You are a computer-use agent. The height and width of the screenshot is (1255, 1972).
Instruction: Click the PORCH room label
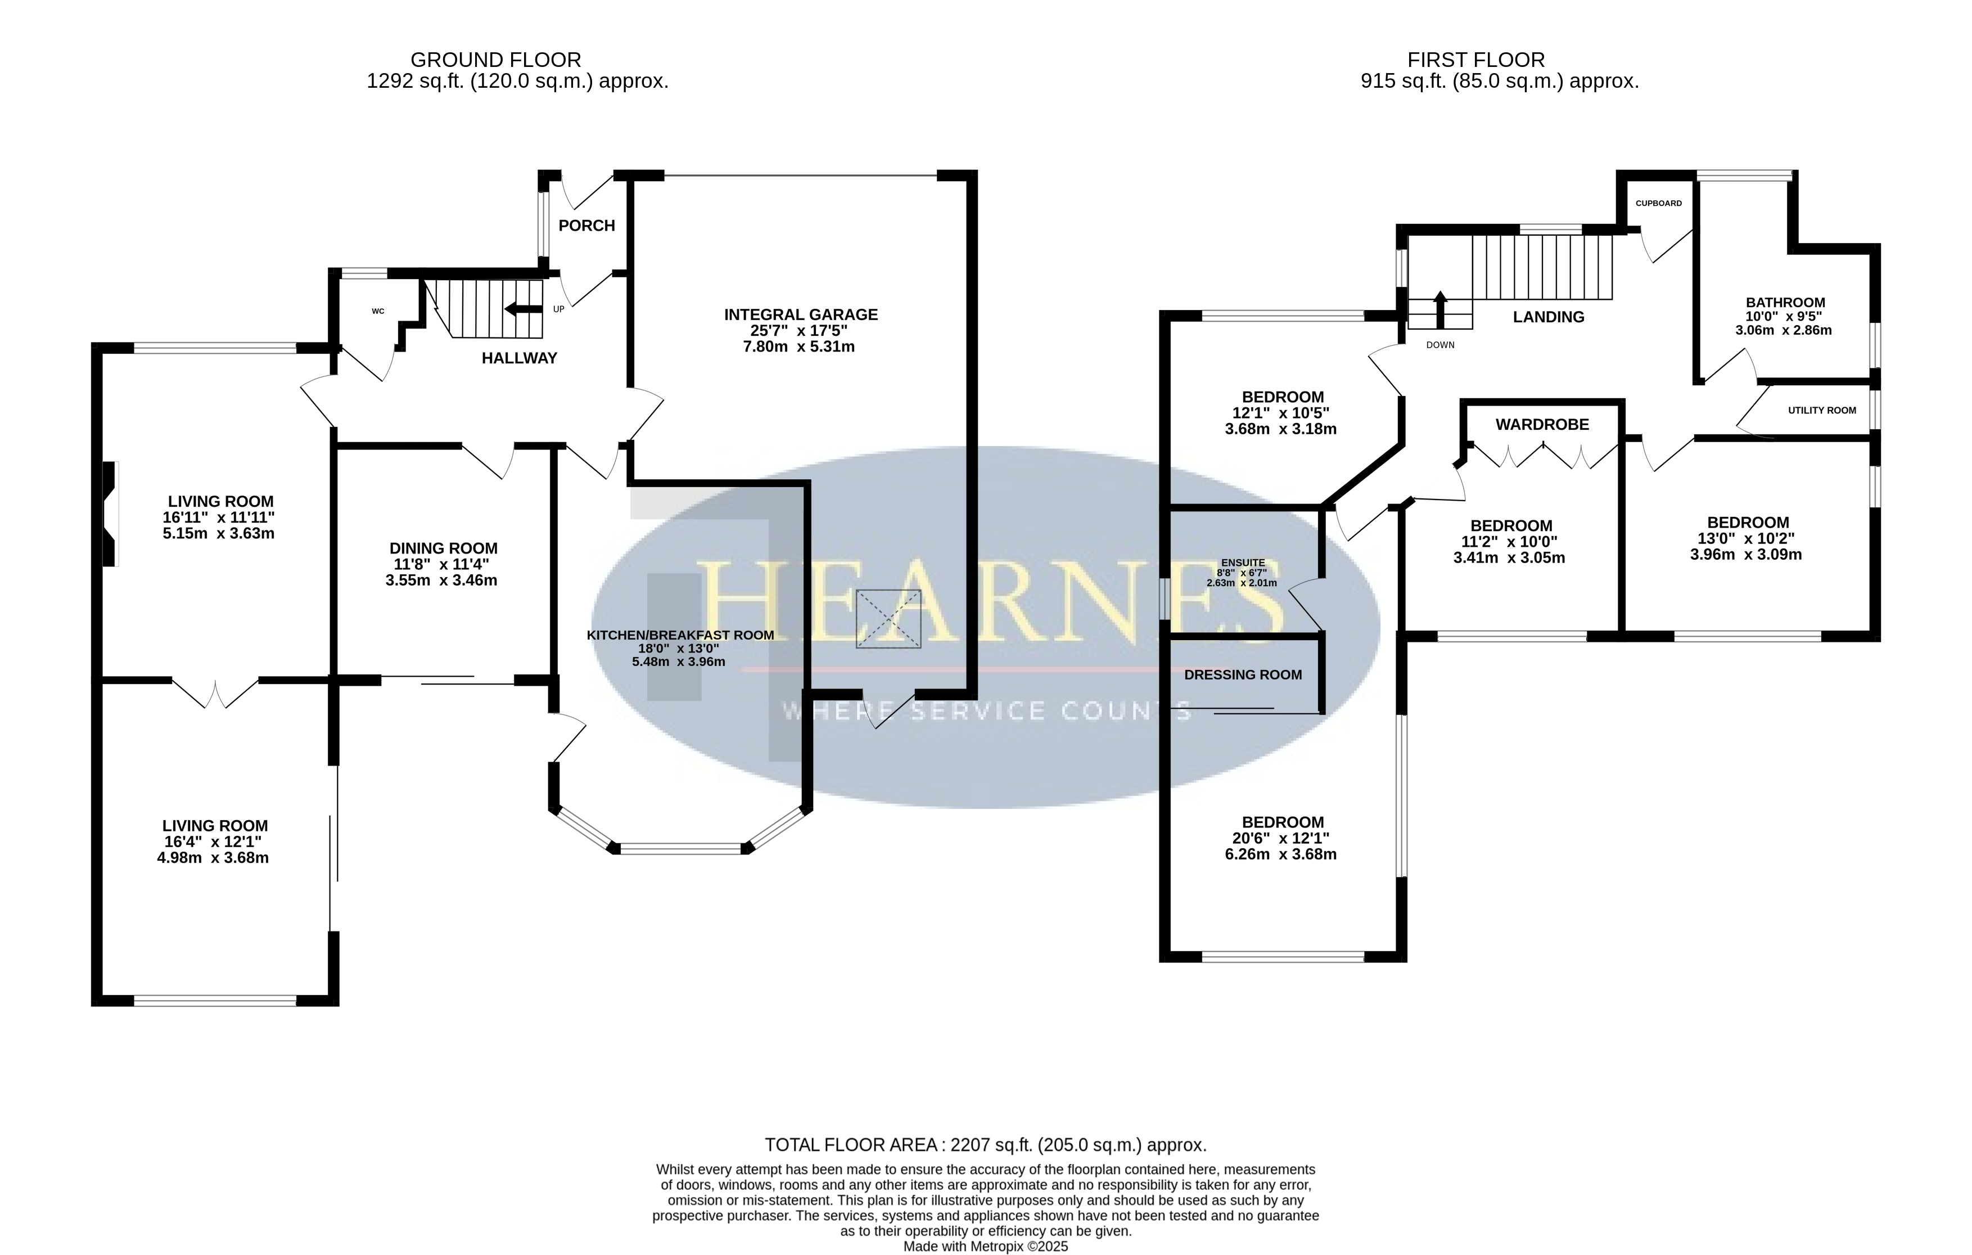[x=586, y=225]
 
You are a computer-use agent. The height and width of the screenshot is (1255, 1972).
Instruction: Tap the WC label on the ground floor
[x=377, y=311]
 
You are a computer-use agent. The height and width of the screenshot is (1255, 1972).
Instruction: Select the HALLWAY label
[x=519, y=358]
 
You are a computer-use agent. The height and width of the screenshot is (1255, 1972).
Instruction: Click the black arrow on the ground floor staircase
[x=524, y=309]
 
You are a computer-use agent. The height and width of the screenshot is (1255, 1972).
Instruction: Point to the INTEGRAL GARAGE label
[x=801, y=314]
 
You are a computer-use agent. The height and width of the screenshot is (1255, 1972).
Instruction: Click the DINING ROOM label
[x=443, y=548]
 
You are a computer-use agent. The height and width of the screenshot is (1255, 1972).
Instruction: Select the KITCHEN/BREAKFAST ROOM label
[x=680, y=635]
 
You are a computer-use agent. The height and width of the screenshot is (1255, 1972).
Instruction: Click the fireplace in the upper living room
[x=110, y=514]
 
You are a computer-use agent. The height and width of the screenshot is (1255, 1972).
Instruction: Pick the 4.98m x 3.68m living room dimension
[x=213, y=858]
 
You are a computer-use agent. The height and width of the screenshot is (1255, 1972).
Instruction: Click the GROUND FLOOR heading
[x=495, y=60]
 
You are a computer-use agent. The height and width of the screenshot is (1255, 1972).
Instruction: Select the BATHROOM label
[x=1785, y=302]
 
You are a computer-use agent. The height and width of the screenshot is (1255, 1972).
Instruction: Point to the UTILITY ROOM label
[x=1821, y=411]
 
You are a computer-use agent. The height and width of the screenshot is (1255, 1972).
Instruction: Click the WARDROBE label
[x=1542, y=424]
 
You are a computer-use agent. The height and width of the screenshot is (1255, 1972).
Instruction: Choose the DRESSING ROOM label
[x=1243, y=675]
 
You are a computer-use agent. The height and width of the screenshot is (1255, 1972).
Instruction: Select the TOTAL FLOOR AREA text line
[x=986, y=1145]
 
